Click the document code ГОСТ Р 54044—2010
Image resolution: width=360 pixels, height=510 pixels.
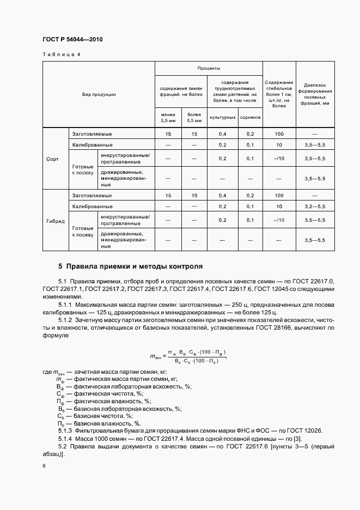click(x=72, y=40)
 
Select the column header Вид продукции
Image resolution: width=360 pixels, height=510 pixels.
click(x=99, y=94)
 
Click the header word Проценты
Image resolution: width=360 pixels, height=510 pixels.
click(x=209, y=69)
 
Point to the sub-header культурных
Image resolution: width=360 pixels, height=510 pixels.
click(x=222, y=117)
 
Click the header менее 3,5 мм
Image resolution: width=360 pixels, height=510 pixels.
click(x=168, y=117)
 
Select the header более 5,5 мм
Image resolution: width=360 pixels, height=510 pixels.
click(x=194, y=117)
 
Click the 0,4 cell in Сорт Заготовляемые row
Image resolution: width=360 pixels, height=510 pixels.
click(x=222, y=133)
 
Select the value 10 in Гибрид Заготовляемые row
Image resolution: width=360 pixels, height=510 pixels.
click(x=194, y=195)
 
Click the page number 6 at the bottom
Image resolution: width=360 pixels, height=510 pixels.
click(x=44, y=466)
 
